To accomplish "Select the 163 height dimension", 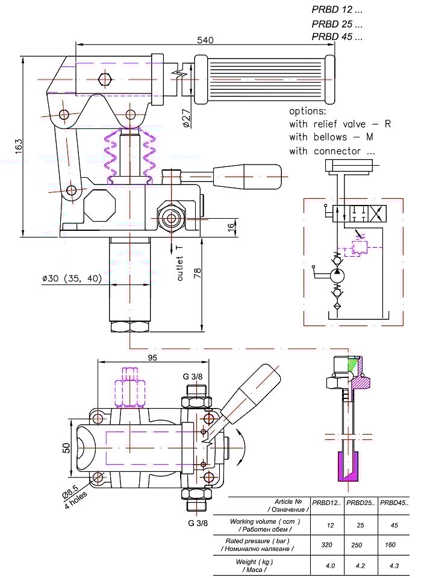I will pyautogui.click(x=18, y=145).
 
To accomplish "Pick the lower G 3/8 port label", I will pyautogui.click(x=196, y=523).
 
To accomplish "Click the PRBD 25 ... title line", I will pyautogui.click(x=337, y=25).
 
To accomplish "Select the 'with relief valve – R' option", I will pyautogui.click(x=340, y=124).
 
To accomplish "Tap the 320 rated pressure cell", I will pyautogui.click(x=330, y=544).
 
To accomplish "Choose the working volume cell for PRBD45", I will pyautogui.click(x=394, y=525).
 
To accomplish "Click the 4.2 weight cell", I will pyautogui.click(x=360, y=566).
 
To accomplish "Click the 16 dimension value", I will pyautogui.click(x=230, y=227).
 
